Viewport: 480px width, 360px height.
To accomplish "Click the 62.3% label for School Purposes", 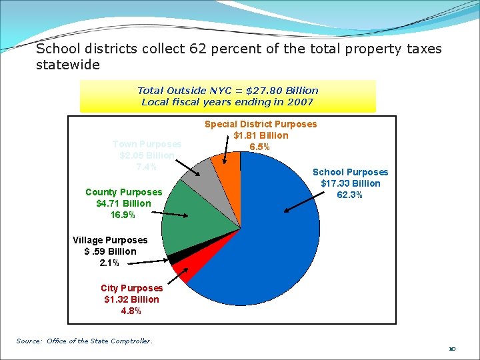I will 350,195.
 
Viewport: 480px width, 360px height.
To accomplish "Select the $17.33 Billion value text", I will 350,183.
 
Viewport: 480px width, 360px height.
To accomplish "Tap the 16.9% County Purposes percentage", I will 123,215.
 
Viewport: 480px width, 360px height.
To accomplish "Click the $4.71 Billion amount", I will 123,203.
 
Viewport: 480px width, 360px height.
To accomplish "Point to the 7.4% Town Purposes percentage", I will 147,167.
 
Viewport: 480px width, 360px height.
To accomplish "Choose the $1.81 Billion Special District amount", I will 261,135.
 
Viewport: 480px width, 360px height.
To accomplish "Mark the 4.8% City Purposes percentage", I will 131,311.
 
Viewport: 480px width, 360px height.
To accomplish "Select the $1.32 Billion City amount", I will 131,299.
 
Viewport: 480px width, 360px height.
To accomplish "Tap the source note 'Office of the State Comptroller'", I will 99,341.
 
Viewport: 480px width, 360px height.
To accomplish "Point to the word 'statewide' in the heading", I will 68,65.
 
